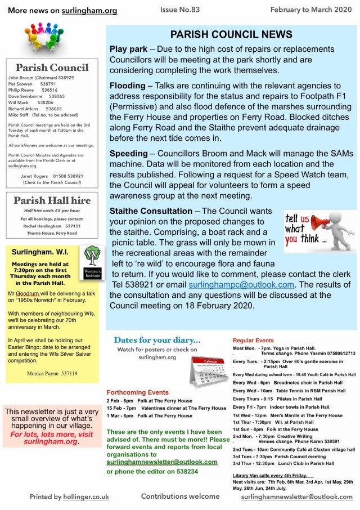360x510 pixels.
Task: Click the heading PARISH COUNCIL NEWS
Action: point(231,34)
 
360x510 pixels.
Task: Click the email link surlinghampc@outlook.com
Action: point(241,285)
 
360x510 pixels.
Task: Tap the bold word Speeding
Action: point(129,153)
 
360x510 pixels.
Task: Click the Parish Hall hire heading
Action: point(51,201)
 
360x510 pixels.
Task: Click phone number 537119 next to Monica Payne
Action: point(66,373)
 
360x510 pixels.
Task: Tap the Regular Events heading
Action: point(254,341)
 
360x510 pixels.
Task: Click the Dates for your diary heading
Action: point(157,340)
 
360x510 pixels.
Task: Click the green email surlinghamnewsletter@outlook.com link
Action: point(162,462)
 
